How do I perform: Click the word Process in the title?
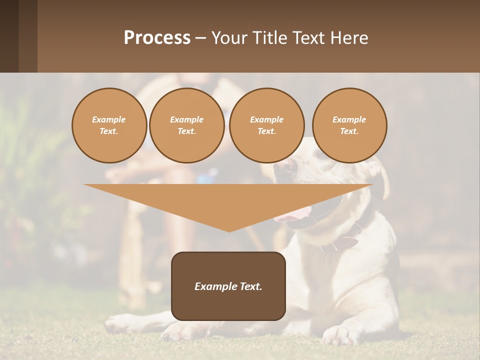pos(157,37)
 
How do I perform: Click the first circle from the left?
pos(109,125)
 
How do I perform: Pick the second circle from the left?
pos(187,125)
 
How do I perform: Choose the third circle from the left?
pos(266,125)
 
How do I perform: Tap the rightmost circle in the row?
pos(349,125)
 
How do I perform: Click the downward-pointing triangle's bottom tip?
pos(229,230)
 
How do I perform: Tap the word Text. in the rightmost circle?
pos(349,131)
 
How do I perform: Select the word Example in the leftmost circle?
pos(109,120)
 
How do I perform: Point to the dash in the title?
pos(201,38)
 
